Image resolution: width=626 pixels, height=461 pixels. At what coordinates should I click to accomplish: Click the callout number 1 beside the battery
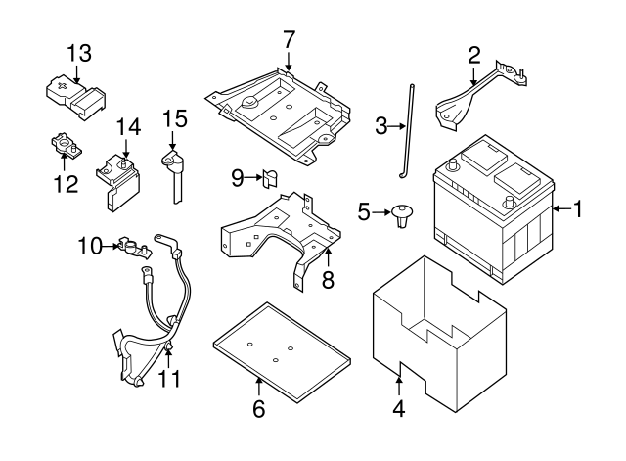[x=578, y=208]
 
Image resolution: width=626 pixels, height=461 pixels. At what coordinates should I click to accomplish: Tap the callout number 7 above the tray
[x=289, y=40]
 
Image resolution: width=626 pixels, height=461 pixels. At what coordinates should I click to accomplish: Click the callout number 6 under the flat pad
[x=259, y=408]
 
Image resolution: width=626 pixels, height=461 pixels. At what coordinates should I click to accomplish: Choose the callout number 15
[x=174, y=118]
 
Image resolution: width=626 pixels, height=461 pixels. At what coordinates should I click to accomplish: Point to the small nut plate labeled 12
[x=65, y=148]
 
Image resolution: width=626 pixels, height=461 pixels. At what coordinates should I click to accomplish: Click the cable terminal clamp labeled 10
[x=128, y=246]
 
